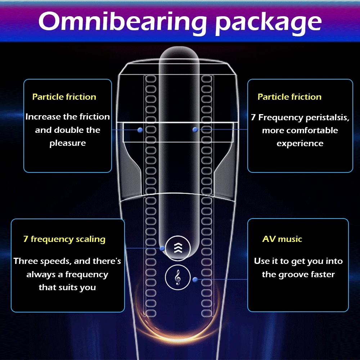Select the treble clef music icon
(x=177, y=278)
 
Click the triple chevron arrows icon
(x=177, y=248)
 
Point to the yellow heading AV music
(x=282, y=239)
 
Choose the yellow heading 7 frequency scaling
(x=64, y=239)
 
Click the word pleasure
(x=68, y=143)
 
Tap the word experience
(x=300, y=143)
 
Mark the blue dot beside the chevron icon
(x=162, y=248)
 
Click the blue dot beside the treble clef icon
(x=195, y=279)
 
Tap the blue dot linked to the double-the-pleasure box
(x=140, y=130)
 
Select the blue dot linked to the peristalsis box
(x=195, y=129)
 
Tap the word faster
(x=322, y=275)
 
